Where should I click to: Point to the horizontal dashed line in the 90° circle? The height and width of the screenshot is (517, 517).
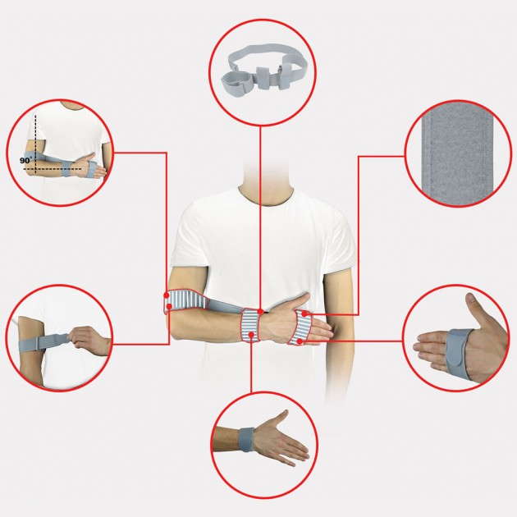pyautogui.click(x=66, y=172)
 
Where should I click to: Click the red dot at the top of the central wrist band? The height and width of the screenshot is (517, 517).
pyautogui.click(x=258, y=311)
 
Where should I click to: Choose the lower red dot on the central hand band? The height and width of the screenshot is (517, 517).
pyautogui.click(x=300, y=338)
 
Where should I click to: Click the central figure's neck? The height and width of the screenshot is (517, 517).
pyautogui.click(x=261, y=183)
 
